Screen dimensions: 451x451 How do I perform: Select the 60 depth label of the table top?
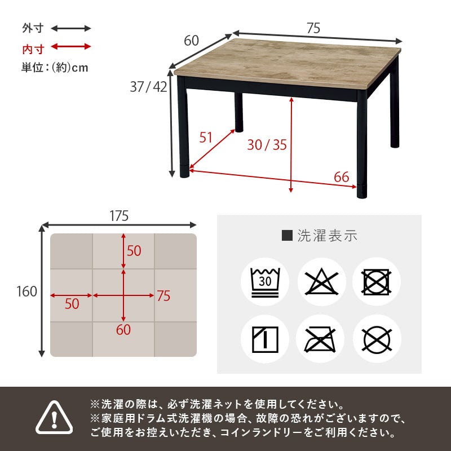pos(192,41)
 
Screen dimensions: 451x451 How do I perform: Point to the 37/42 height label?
pos(148,87)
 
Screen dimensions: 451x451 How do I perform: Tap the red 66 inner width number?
pos(341,177)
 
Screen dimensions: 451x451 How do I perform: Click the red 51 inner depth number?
pos(206,137)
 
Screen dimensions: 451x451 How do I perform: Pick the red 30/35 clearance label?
pos(267,145)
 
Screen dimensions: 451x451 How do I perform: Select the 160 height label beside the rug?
pos(26,291)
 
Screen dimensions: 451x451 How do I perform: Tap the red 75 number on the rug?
pos(163,296)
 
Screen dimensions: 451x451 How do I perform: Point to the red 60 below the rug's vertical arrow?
pos(123,330)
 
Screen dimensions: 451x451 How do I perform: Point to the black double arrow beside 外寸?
pos(71,28)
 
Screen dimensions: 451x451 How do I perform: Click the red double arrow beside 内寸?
pos(71,47)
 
